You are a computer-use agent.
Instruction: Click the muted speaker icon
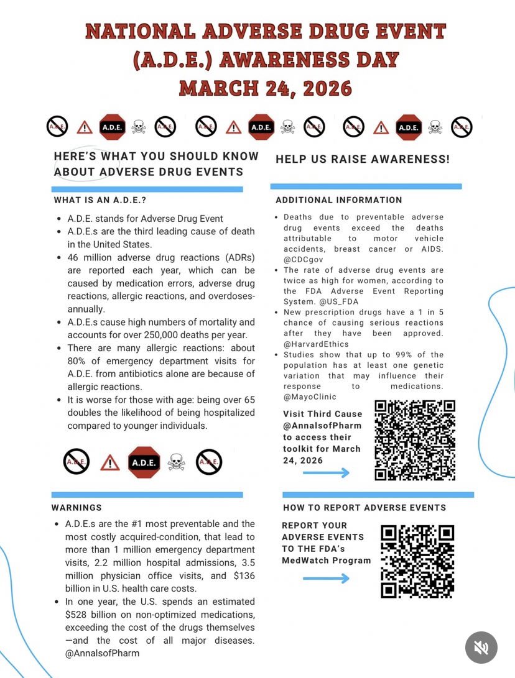coord(481,648)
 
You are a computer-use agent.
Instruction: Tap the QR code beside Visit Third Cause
coord(415,440)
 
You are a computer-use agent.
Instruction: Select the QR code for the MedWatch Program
coord(417,562)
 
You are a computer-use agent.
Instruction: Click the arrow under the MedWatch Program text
coord(327,579)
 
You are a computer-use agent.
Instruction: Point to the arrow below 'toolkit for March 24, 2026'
coord(327,473)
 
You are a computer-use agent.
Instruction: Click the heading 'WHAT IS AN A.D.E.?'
coord(100,200)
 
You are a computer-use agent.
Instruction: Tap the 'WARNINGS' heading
coord(77,508)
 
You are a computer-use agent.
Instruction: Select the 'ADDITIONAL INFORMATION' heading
coord(339,200)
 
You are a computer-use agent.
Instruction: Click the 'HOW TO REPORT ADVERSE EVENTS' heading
coord(364,508)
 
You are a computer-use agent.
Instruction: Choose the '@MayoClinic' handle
coord(310,396)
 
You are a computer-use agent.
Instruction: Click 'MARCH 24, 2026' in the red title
coord(266,88)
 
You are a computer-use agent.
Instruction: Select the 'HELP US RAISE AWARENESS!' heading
coord(363,159)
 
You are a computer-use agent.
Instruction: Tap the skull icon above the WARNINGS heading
coord(177,461)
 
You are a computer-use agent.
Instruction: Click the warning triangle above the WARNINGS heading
coord(110,462)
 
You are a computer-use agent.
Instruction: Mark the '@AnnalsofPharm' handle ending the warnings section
coord(102,653)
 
